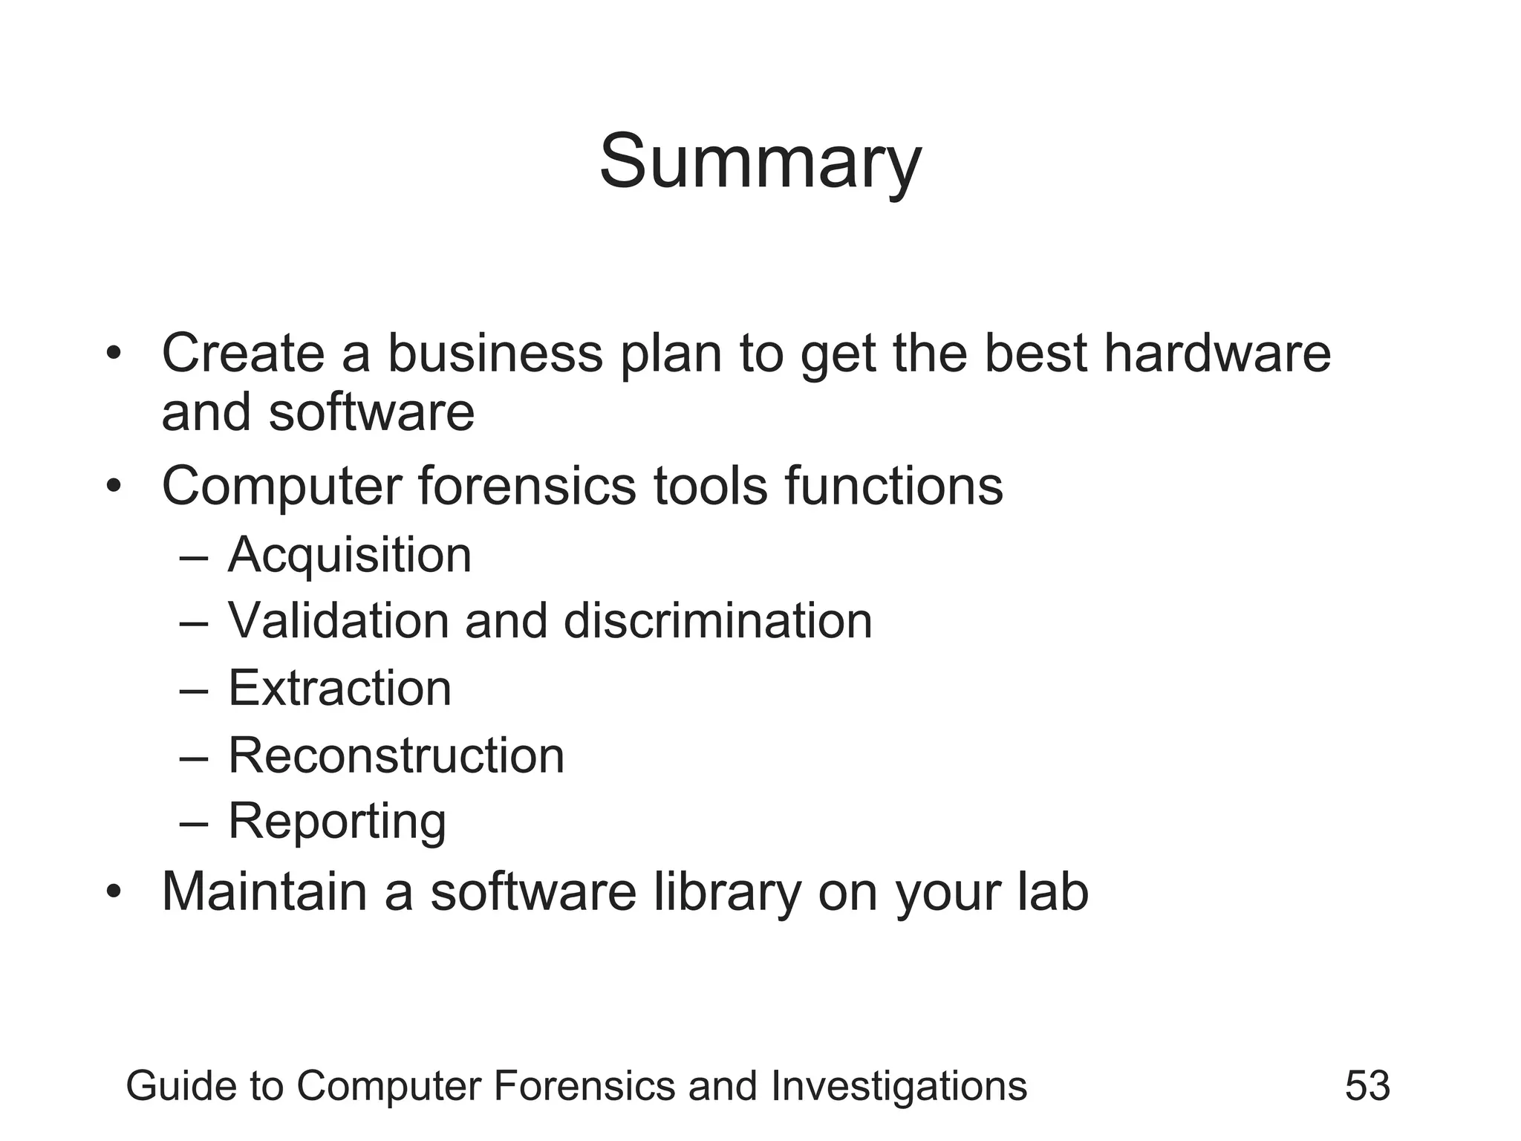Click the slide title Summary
point(760,162)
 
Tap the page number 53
point(1367,1085)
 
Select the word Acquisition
point(350,555)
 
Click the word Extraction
point(339,688)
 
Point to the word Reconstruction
point(396,755)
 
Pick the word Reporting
point(337,822)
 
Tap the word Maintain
point(264,891)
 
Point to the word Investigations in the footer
point(899,1086)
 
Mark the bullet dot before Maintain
point(113,891)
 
